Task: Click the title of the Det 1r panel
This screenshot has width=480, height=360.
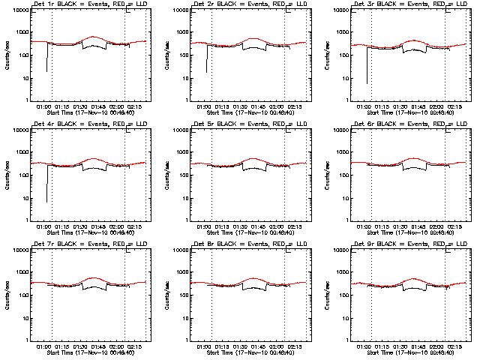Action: click(x=91, y=4)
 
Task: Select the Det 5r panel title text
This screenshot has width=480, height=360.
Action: click(x=250, y=124)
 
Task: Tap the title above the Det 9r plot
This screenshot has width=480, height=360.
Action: click(x=410, y=244)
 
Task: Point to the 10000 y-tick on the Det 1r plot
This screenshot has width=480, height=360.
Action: click(x=22, y=10)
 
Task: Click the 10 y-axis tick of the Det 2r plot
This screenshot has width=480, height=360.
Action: click(x=187, y=78)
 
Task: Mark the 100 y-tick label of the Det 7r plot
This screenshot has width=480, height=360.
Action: click(x=23, y=295)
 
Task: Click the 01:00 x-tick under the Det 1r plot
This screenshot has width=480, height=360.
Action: click(x=43, y=106)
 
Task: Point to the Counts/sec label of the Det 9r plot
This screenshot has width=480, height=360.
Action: click(x=327, y=295)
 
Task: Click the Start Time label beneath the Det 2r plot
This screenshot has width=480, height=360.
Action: click(x=250, y=112)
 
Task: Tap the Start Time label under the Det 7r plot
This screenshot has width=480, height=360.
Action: click(x=91, y=352)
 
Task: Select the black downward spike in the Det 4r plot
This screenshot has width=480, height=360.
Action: click(x=46, y=187)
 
